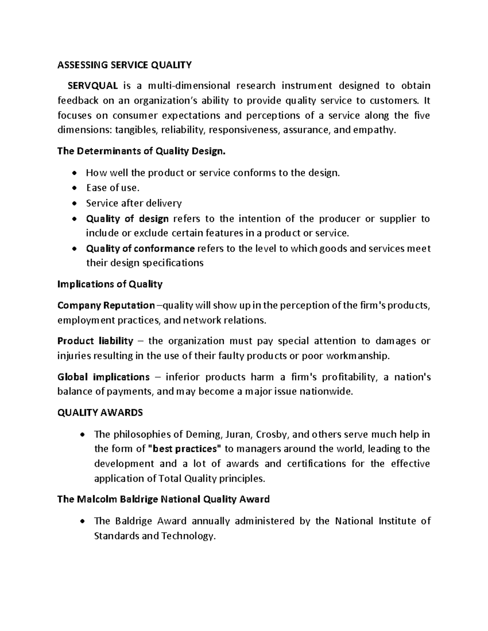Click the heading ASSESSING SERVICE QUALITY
pyautogui.click(x=124, y=65)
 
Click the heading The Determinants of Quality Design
pyautogui.click(x=141, y=151)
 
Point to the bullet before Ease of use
pyautogui.click(x=74, y=188)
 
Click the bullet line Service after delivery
pyautogui.click(x=134, y=203)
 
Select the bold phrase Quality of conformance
pyautogui.click(x=140, y=248)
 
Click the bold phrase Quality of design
pyautogui.click(x=127, y=219)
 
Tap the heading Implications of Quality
pyautogui.click(x=110, y=284)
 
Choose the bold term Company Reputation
pyautogui.click(x=106, y=305)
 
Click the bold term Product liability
pyautogui.click(x=95, y=340)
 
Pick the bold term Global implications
pyautogui.click(x=103, y=377)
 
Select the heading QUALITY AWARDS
pyautogui.click(x=100, y=413)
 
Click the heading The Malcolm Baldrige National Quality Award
pyautogui.click(x=163, y=499)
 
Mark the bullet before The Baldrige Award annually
pyautogui.click(x=83, y=521)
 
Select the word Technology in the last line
pyautogui.click(x=187, y=536)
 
